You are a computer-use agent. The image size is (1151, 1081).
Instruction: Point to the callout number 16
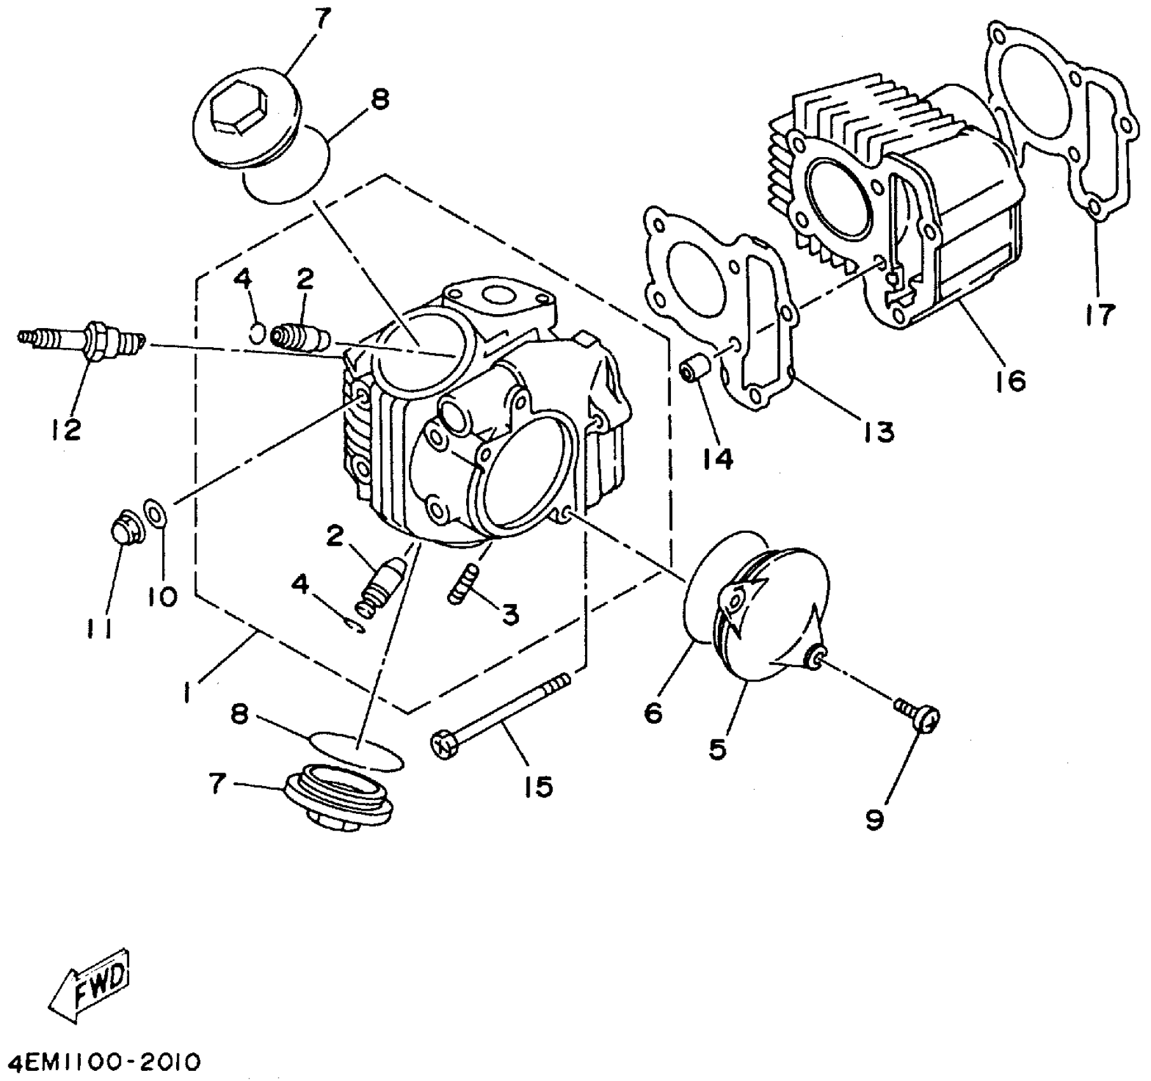point(1010,382)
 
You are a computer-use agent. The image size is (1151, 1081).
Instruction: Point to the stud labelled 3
point(464,583)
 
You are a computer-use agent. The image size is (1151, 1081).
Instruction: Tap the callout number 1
point(188,692)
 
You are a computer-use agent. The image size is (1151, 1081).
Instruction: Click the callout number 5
point(717,749)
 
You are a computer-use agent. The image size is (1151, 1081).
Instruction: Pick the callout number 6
point(653,712)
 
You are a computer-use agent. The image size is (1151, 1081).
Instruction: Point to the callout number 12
point(66,430)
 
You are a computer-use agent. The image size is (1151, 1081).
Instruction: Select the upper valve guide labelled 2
point(299,336)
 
